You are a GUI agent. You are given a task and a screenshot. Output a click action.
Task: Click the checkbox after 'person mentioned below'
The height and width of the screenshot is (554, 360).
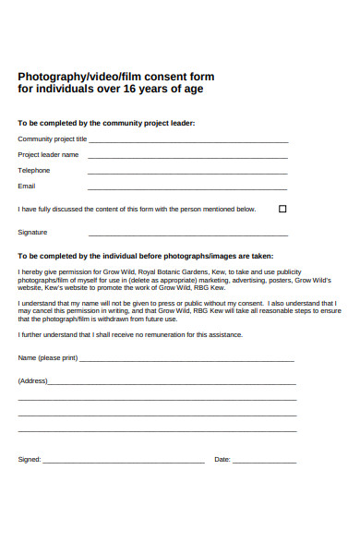282,209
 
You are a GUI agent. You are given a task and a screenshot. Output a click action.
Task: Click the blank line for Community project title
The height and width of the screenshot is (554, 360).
187,141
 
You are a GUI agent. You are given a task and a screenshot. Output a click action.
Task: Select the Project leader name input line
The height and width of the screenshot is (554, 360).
187,157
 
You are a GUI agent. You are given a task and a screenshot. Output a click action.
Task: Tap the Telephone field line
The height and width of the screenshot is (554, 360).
187,173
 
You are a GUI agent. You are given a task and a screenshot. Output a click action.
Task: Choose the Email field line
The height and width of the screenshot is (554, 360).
187,188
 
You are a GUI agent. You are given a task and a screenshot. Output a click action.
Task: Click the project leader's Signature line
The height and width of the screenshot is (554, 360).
187,235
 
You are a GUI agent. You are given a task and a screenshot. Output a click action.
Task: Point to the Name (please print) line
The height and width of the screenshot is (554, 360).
187,360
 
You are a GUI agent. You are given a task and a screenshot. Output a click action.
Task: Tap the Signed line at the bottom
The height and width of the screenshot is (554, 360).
124,461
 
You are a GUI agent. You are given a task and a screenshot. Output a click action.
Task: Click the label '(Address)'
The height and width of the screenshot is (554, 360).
32,380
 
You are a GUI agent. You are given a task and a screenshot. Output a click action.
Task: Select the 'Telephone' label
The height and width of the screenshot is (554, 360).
34,170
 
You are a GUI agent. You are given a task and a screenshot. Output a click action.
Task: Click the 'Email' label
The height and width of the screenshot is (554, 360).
27,186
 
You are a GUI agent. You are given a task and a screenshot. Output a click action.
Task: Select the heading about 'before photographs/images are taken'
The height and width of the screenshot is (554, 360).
146,255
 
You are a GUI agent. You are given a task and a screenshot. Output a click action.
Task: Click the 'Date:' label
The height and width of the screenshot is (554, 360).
222,459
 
